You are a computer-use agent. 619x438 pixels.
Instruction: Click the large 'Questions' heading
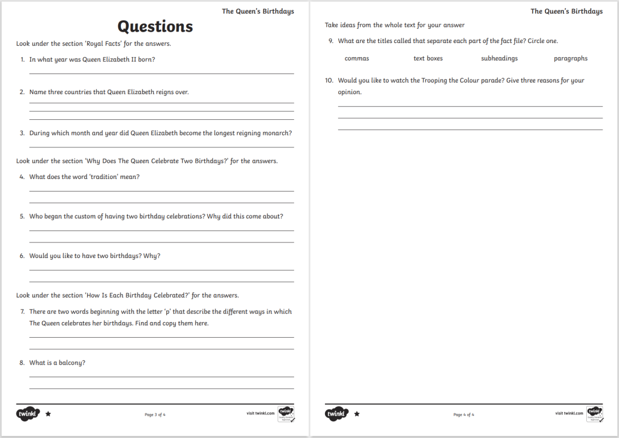point(155,26)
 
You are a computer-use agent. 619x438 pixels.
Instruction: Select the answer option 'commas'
point(356,58)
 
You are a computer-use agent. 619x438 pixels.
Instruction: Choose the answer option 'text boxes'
point(428,58)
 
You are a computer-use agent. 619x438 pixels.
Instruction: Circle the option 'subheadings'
point(499,58)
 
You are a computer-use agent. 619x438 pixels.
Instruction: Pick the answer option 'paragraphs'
point(570,58)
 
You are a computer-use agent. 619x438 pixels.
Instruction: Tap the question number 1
point(22,60)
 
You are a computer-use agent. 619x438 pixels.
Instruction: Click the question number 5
point(22,217)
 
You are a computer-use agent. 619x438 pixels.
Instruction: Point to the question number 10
point(329,81)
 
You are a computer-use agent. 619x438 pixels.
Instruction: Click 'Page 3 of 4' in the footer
point(155,414)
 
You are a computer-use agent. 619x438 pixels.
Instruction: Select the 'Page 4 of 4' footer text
point(464,414)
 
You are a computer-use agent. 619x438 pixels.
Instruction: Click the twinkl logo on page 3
point(28,413)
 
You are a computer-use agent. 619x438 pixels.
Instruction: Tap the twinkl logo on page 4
point(336,413)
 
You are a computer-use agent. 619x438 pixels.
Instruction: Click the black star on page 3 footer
point(48,413)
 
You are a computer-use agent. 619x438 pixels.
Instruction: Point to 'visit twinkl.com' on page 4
point(569,413)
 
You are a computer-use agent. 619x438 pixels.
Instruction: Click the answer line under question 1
point(162,73)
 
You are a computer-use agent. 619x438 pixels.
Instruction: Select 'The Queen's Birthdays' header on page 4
point(566,11)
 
